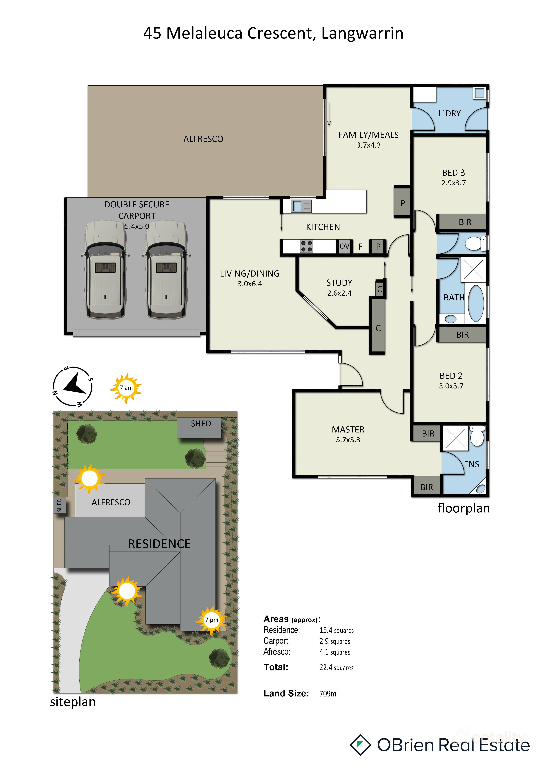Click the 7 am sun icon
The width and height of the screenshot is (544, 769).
tap(126, 388)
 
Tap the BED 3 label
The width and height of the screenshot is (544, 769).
tap(454, 173)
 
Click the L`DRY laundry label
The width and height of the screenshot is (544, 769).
tap(450, 113)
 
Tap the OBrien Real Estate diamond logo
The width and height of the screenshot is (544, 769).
tap(360, 745)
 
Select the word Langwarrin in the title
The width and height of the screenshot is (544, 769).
tap(362, 33)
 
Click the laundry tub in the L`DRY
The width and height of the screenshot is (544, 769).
tap(479, 93)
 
